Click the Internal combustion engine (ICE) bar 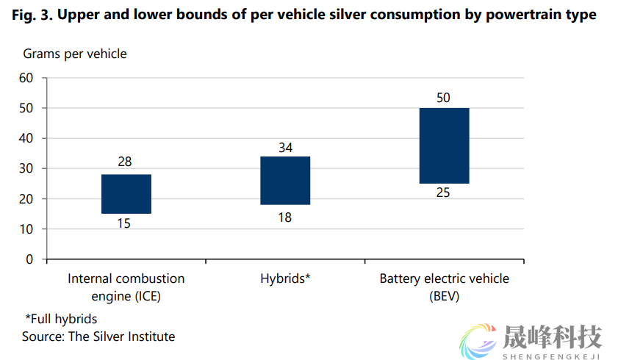[126, 194]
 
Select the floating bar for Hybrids [285, 181]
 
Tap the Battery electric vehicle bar [444, 145]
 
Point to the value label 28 [125, 162]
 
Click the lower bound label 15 [123, 223]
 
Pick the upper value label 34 [286, 148]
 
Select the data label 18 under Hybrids [284, 217]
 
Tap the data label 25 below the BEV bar [442, 192]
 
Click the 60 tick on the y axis [26, 78]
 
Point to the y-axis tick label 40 [26, 138]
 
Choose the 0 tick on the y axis [30, 259]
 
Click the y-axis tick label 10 [26, 229]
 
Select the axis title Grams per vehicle [75, 54]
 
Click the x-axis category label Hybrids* [285, 279]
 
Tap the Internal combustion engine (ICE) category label [126, 287]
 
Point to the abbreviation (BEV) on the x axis [444, 296]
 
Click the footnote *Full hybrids [62, 319]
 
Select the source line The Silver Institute [98, 336]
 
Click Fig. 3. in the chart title [32, 15]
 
